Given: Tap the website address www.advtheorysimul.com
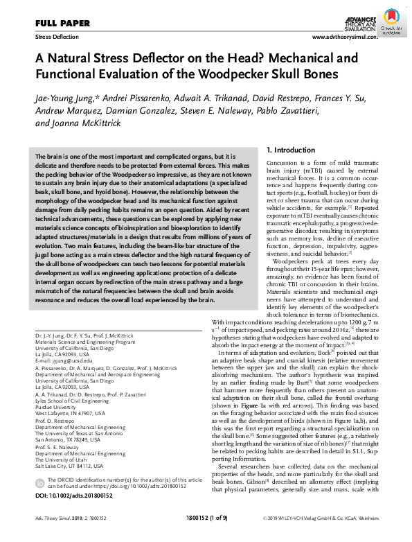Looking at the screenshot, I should pyautogui.click(x=345, y=36).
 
